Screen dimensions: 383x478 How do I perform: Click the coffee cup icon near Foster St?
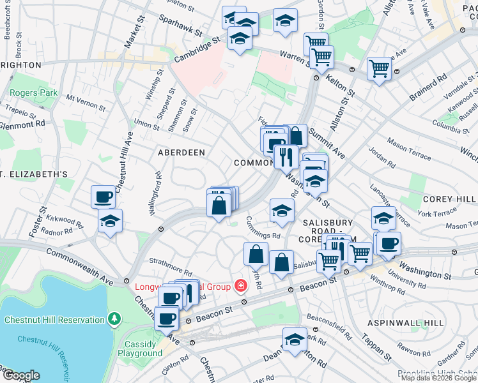(103, 197)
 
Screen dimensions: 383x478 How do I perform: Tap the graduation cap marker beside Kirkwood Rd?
(111, 222)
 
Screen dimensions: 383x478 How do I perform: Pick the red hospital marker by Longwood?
(240, 285)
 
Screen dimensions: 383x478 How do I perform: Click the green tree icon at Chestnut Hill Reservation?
(114, 318)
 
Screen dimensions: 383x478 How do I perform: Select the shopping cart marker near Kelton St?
(380, 67)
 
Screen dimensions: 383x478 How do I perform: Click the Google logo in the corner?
(20, 375)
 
